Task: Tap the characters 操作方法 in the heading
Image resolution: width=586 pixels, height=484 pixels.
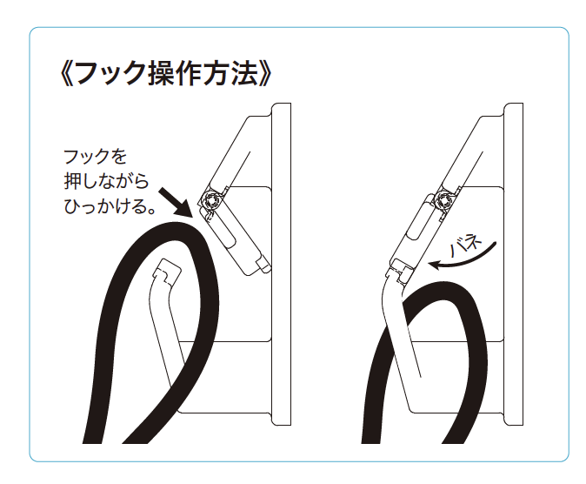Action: pyautogui.click(x=202, y=73)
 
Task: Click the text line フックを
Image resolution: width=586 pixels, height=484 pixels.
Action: pyautogui.click(x=95, y=157)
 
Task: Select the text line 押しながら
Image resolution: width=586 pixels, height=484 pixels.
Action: pyautogui.click(x=106, y=182)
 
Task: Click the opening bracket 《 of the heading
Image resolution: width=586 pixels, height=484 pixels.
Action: pyautogui.click(x=64, y=73)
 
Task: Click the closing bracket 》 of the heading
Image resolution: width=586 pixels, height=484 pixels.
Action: pyautogui.click(x=268, y=73)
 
